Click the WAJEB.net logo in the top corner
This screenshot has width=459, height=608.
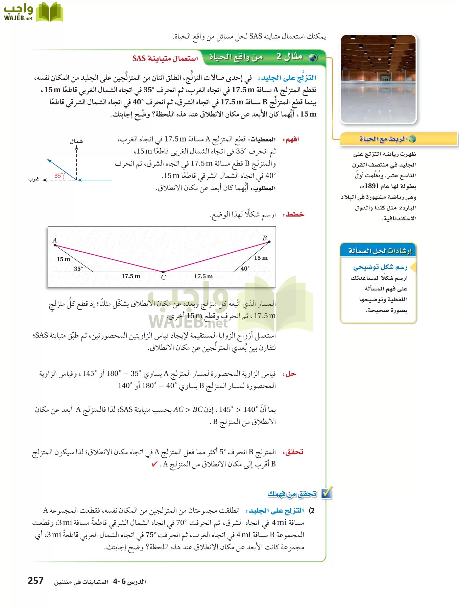click(x=33, y=12)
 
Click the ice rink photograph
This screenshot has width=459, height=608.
click(x=378, y=79)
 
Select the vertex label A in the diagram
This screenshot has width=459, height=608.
click(x=55, y=240)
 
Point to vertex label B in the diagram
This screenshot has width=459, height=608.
click(x=265, y=238)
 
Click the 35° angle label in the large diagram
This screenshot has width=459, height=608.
click(x=78, y=269)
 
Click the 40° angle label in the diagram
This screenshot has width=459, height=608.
click(x=245, y=269)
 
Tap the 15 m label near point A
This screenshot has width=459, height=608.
click(x=64, y=259)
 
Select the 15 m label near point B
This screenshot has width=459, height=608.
click(x=261, y=258)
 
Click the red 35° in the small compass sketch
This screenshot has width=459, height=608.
click(x=58, y=176)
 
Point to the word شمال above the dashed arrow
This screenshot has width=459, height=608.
click(x=77, y=141)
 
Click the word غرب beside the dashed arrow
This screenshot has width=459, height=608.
click(x=34, y=179)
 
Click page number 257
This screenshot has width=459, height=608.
click(x=35, y=581)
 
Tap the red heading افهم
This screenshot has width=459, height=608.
click(x=292, y=139)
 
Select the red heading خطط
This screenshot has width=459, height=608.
click(x=294, y=214)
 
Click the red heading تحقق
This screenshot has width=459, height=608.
click(x=294, y=452)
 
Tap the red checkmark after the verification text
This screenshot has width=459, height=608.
click(x=154, y=464)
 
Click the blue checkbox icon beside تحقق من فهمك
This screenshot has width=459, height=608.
click(x=327, y=493)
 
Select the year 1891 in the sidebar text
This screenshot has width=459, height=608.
click(x=371, y=186)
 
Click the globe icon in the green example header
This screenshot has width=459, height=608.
click(x=313, y=58)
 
